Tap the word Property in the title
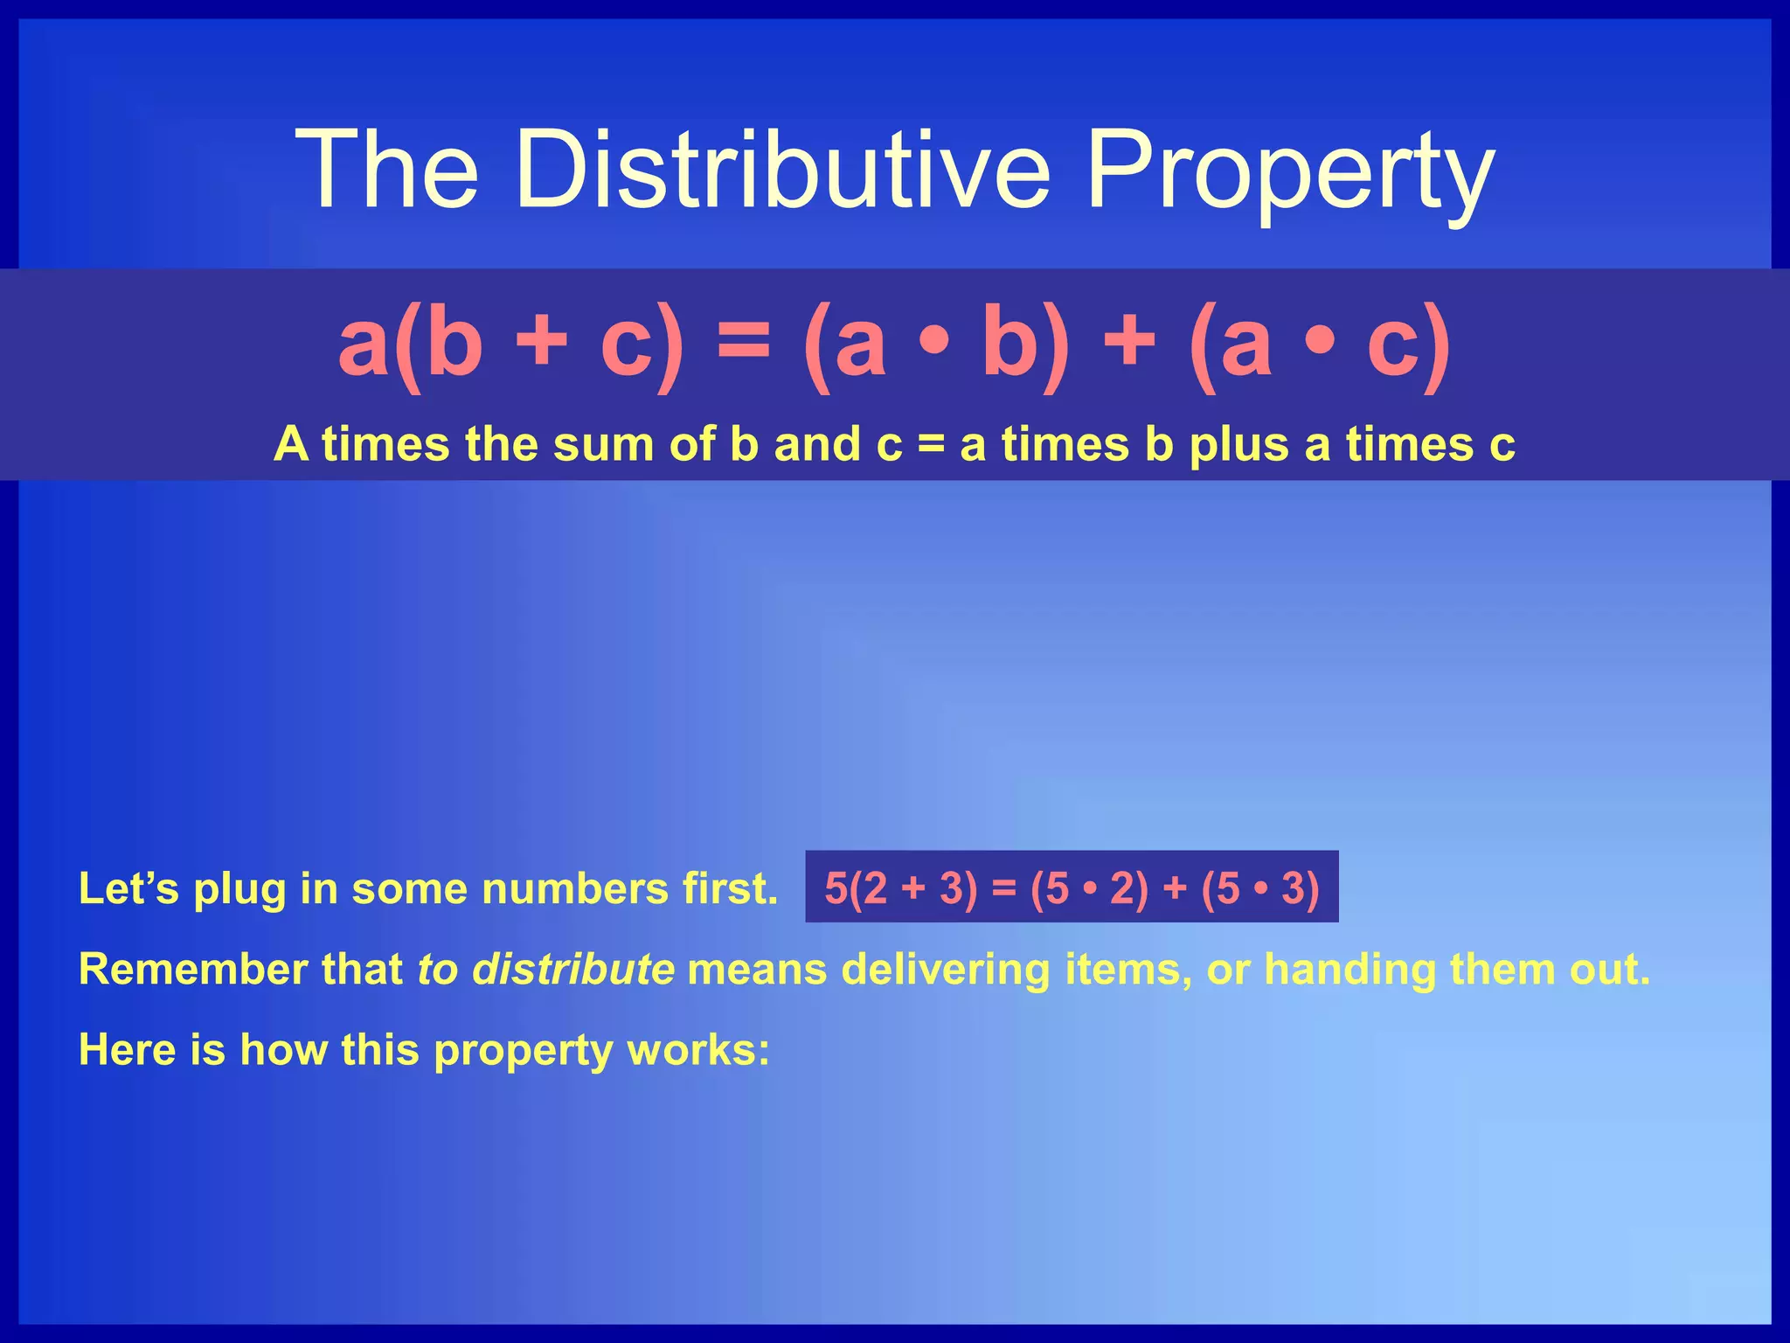(1289, 170)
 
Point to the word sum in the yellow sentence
(602, 444)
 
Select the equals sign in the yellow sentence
(931, 444)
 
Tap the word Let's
(128, 888)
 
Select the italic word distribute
(573, 969)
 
